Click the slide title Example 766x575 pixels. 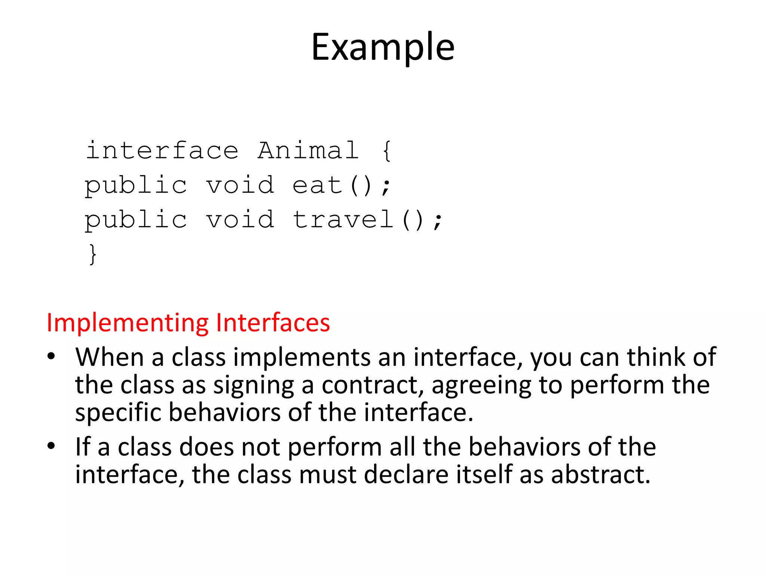383,48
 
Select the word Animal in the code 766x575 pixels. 308,150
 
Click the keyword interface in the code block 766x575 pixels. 162,150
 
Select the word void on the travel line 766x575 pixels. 240,220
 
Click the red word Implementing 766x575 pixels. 127,323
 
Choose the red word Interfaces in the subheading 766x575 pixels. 273,323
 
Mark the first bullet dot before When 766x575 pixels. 51,356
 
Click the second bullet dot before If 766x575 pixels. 51,446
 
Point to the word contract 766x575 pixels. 373,385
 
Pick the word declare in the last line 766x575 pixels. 406,475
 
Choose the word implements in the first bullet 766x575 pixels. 302,358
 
